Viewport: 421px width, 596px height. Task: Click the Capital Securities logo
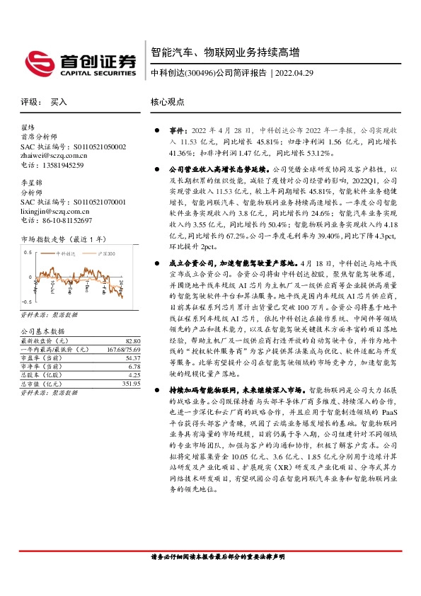(80, 62)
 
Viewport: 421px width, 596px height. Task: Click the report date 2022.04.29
(294, 73)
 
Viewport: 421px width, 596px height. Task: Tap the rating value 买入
(59, 102)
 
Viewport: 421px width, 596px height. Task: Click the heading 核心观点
(167, 102)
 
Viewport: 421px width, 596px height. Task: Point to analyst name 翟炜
(28, 128)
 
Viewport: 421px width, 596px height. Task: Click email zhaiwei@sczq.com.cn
(54, 156)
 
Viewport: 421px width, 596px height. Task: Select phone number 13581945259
(62, 165)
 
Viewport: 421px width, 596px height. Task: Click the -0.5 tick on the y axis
(27, 302)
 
